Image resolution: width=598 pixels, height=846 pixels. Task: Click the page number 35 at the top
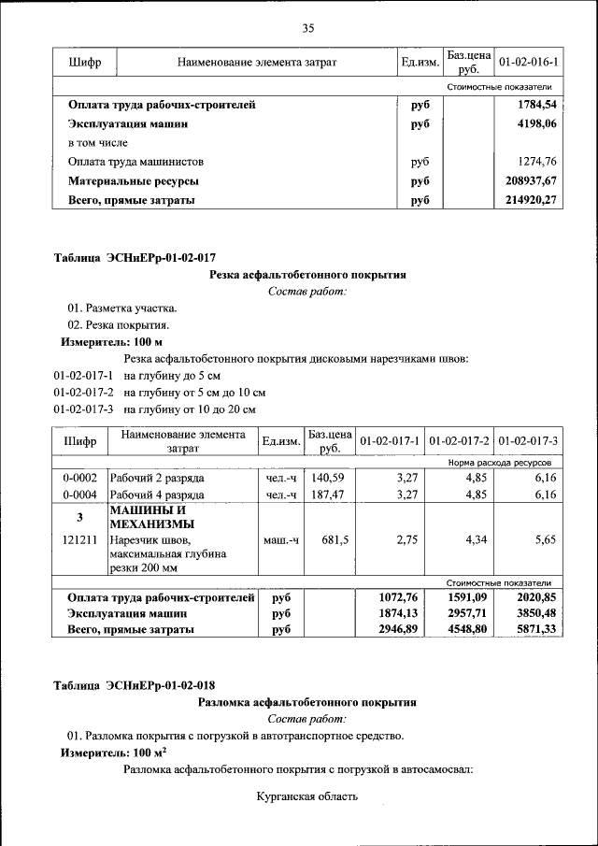tap(307, 27)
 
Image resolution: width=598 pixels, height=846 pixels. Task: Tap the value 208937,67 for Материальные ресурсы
tap(531, 180)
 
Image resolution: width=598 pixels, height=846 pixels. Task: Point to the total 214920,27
tap(531, 200)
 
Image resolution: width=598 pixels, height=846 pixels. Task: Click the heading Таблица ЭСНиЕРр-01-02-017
tap(135, 257)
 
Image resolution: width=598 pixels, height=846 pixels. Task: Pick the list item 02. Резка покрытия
tap(118, 325)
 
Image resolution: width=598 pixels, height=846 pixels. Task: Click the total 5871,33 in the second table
tap(529, 630)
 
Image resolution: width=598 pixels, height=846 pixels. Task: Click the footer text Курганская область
tap(306, 797)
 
